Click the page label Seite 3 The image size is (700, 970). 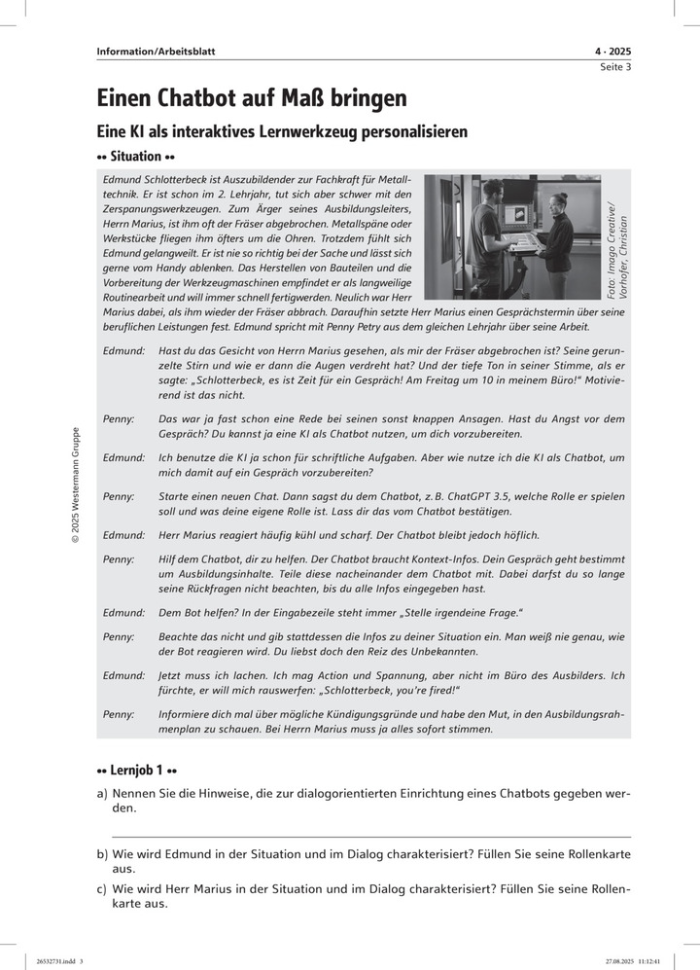coord(614,67)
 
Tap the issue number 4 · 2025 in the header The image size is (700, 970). coord(612,52)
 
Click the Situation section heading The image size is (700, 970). coord(135,156)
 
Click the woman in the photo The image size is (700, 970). coord(556,234)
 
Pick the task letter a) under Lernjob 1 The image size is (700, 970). coord(102,794)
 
